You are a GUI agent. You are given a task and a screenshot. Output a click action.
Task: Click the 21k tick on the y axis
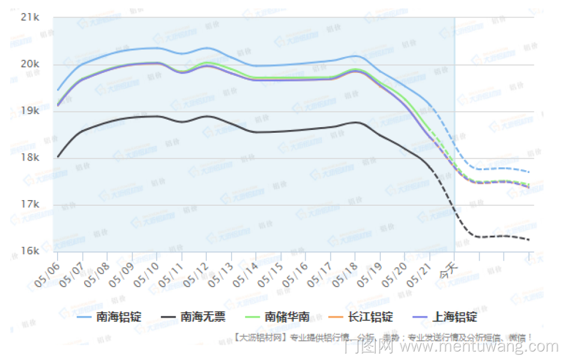tap(29, 17)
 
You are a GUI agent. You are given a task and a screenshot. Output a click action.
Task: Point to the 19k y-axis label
tap(29, 111)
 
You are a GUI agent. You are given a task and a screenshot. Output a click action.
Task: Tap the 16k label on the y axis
tap(29, 251)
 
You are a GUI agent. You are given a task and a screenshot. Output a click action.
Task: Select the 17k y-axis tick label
tap(29, 204)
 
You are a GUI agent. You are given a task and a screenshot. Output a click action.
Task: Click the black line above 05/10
tap(157, 116)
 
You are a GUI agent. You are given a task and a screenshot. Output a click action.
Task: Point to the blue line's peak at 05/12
tap(206, 48)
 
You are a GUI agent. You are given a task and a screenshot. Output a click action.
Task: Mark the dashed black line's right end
tap(529, 240)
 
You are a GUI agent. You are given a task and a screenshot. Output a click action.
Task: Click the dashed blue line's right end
tap(529, 172)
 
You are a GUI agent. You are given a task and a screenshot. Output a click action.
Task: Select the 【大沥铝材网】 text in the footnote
tap(261, 337)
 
